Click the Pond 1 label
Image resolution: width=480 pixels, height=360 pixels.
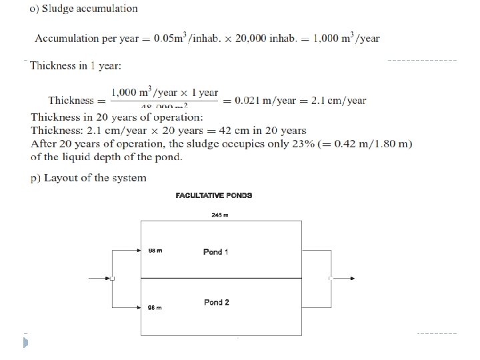(216, 252)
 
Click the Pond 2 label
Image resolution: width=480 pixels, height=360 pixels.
(217, 302)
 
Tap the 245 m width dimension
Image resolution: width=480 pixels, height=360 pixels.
(220, 215)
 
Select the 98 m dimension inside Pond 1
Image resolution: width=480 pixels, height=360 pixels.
(155, 251)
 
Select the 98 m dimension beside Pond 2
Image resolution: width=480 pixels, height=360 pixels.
(155, 307)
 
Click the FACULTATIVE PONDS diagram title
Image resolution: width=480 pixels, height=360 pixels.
(214, 195)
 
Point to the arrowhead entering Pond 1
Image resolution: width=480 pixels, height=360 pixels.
(138, 251)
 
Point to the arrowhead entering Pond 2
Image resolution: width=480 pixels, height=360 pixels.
(138, 307)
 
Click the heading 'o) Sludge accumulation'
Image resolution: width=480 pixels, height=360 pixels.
(84, 9)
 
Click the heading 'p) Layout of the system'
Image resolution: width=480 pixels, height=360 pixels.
(89, 178)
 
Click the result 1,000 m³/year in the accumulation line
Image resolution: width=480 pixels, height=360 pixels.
(345, 38)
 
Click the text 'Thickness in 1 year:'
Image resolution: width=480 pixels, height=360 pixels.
(75, 66)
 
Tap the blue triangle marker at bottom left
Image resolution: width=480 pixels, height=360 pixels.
(25, 343)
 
